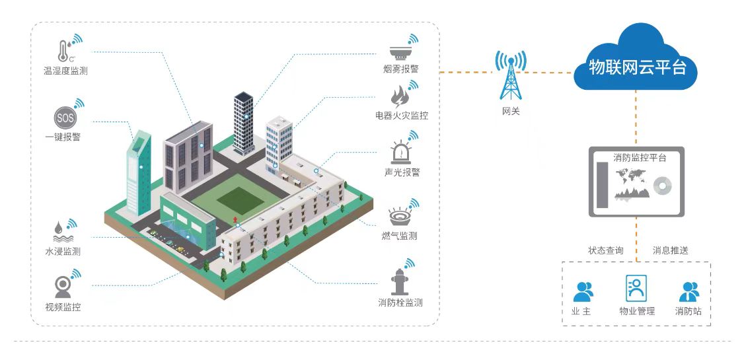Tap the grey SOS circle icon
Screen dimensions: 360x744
65,119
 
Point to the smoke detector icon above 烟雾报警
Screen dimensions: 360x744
400,51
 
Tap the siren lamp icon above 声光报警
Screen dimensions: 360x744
400,153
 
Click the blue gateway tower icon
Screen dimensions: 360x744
509,76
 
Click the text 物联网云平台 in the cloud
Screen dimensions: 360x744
636,67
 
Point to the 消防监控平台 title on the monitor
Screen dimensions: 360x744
639,159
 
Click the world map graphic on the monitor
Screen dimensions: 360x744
630,176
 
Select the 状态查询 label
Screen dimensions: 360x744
605,250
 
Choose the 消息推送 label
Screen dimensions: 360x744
671,250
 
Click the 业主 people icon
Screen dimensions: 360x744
583,291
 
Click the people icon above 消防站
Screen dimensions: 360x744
688,291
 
